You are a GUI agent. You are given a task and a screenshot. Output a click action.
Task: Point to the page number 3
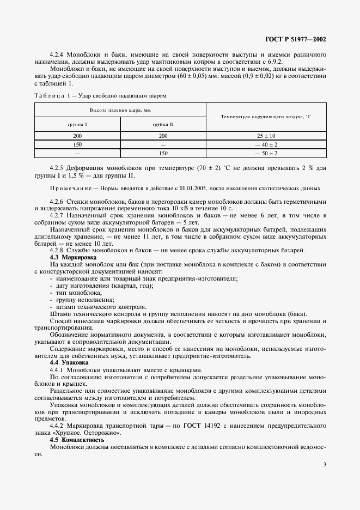(324, 464)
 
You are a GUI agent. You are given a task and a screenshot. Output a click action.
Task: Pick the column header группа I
(77, 125)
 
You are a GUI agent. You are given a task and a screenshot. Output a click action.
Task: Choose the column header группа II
(163, 125)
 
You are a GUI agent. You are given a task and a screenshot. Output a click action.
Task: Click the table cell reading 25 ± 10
(266, 136)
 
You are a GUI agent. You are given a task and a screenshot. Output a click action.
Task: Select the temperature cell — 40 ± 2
(266, 144)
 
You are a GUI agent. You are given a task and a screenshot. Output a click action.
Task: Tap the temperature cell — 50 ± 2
(266, 153)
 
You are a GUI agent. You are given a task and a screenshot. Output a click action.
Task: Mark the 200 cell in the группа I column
(77, 136)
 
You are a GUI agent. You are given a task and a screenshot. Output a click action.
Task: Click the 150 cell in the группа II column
(163, 153)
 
